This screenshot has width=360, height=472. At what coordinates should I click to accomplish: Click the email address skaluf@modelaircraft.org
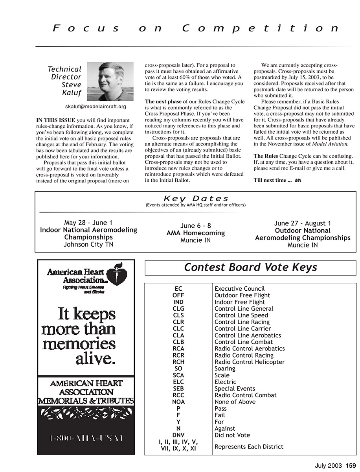[96, 107]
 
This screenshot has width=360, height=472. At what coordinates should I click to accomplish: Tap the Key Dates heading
[196, 199]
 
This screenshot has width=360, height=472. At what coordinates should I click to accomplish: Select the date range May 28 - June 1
[88, 223]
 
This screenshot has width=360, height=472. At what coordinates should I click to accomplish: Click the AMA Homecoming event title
[195, 233]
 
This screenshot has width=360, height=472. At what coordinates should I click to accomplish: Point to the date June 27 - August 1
[302, 223]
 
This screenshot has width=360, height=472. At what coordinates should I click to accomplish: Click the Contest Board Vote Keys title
[250, 267]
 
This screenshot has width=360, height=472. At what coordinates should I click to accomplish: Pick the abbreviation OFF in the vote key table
[178, 295]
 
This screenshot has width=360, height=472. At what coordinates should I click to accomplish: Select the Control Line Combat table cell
[244, 342]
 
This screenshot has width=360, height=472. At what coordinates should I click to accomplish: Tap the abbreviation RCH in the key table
[178, 362]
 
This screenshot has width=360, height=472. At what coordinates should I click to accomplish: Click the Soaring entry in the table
[225, 369]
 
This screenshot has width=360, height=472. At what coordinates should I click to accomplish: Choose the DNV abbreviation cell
[178, 435]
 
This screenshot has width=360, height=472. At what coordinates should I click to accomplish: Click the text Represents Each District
[249, 446]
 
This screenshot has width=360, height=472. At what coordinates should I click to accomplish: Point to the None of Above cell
[235, 402]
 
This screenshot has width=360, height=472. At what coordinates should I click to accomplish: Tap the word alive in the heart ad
[96, 359]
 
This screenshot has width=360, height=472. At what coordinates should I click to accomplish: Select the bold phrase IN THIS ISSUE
[56, 120]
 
